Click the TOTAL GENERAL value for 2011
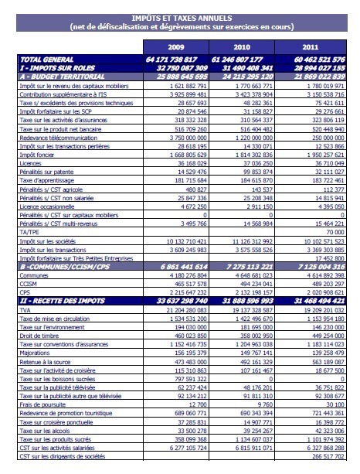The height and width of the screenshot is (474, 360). coord(321,60)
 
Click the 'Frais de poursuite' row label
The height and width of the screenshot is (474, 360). coord(45,404)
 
